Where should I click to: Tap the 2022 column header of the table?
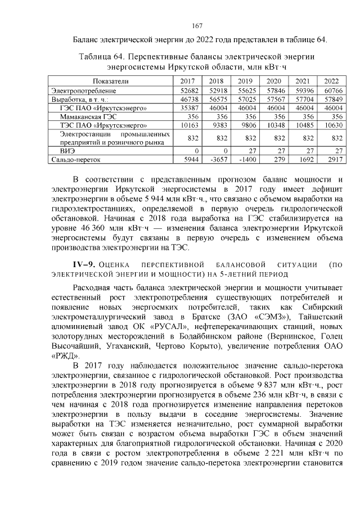point(331,82)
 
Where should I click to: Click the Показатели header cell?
point(111,82)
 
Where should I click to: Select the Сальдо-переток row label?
point(76,160)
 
